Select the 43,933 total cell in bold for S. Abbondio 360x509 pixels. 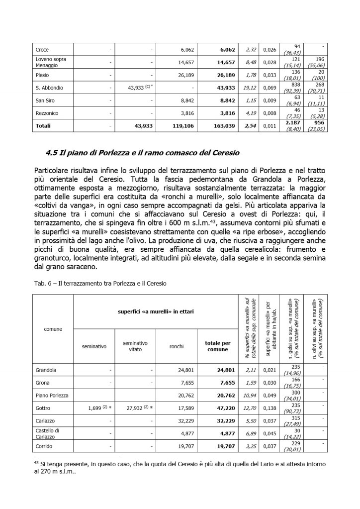(226, 88)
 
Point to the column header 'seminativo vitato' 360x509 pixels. (135, 346)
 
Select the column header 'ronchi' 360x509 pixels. (177, 346)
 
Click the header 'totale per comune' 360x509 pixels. (218, 346)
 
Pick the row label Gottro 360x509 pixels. (44, 409)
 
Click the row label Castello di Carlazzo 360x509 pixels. (48, 434)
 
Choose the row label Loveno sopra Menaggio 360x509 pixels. (51, 62)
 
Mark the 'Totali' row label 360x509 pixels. (43, 126)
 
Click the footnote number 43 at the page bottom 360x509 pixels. (36, 462)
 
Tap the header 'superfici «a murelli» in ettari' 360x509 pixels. (156, 312)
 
